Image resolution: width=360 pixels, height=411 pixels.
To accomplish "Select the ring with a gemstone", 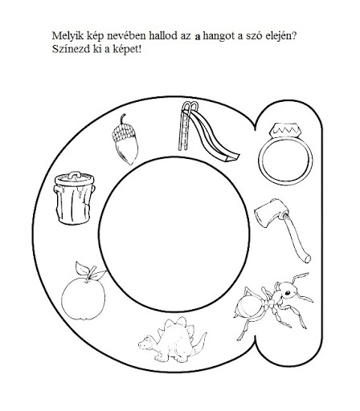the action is point(285,155).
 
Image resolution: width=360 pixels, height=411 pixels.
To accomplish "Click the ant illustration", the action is point(273,305).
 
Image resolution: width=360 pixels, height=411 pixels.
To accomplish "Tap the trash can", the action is point(75,198).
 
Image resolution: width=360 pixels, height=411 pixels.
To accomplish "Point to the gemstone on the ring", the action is point(285,130).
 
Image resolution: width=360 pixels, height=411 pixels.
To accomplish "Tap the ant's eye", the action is point(288,293).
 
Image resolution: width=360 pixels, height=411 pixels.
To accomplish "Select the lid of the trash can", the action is point(75,178).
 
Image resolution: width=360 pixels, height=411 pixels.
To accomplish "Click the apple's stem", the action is point(91,273).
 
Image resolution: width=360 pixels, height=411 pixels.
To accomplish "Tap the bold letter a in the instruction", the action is point(198,37).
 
